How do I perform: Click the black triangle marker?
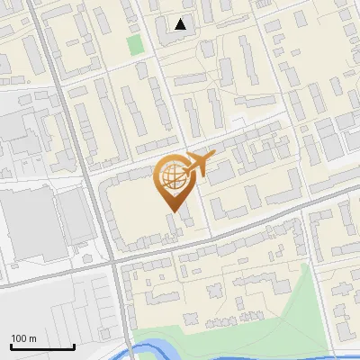coord(181,24)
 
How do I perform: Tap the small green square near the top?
coord(135,44)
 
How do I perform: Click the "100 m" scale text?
coord(23,338)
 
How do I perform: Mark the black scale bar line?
coord(42,346)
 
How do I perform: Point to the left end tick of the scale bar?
coord(11,345)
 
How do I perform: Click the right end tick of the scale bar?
coord(74,345)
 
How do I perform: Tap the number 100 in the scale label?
coord(19,338)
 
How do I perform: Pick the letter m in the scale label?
coord(32,338)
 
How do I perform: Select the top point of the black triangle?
coord(181,19)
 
